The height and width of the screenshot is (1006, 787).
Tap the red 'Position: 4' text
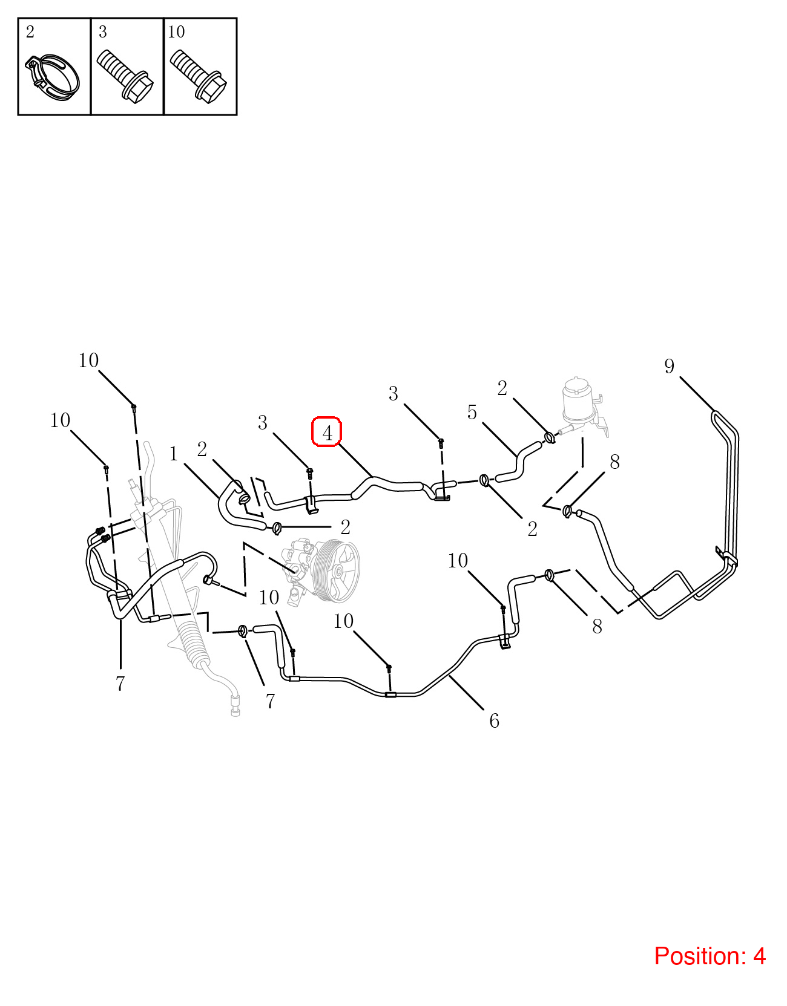[709, 956]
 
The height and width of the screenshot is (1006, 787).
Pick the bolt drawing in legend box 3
[125, 76]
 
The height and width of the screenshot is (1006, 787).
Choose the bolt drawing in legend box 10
[198, 76]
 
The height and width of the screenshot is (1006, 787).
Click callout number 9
[669, 366]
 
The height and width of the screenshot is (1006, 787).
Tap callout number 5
[472, 412]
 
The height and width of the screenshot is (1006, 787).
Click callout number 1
[174, 454]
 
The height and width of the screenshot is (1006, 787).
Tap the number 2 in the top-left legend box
[30, 32]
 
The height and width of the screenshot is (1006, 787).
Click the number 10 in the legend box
[176, 32]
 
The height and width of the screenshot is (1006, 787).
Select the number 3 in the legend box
[102, 32]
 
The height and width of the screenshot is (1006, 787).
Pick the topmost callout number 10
[88, 360]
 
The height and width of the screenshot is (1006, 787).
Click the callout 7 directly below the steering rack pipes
[120, 684]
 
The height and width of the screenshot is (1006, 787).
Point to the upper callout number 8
[614, 462]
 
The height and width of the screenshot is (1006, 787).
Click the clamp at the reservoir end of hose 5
[549, 437]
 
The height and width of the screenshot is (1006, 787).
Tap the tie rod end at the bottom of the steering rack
[235, 705]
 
